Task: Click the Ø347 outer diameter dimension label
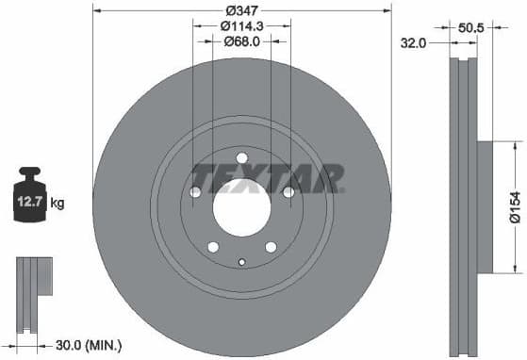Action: coord(241,9)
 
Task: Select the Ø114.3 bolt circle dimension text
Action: coord(241,25)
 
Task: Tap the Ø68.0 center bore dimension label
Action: coord(241,41)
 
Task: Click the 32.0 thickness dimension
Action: coord(413,43)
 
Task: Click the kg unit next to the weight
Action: coord(58,203)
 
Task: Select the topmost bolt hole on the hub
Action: coord(241,157)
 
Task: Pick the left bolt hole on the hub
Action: coord(195,191)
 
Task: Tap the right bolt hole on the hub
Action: coord(288,191)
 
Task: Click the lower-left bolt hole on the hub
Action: coord(213,246)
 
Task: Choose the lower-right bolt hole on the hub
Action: coord(271,246)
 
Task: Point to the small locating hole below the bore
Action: coord(241,262)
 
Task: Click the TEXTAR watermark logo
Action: coord(267,177)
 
